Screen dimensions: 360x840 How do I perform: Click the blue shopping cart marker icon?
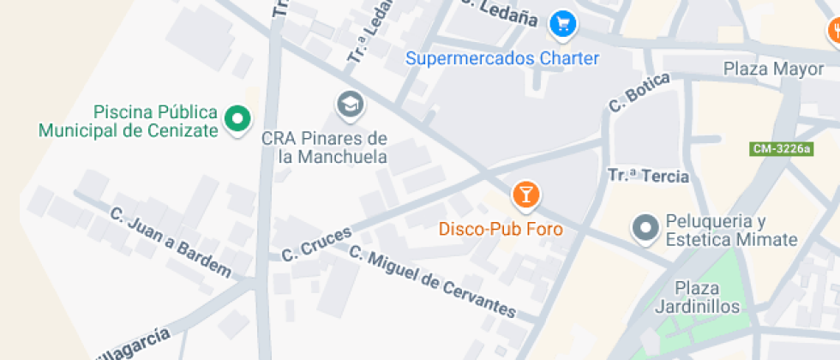(x=562, y=24)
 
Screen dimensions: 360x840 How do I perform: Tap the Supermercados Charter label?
(x=502, y=59)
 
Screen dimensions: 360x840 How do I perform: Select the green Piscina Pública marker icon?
(x=237, y=119)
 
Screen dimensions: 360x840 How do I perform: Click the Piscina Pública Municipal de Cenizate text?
(x=129, y=121)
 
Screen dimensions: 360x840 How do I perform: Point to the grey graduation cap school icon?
(x=349, y=105)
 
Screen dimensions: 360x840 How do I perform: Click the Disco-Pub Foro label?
(x=501, y=229)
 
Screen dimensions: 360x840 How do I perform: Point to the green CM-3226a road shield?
(x=781, y=149)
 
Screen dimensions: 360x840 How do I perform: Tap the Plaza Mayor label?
(x=773, y=69)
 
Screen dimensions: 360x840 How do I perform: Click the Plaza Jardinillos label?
(x=697, y=297)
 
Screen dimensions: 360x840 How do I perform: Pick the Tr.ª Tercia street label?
(x=648, y=177)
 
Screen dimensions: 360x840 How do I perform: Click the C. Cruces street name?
(x=317, y=245)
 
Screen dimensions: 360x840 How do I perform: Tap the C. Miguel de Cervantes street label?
(x=433, y=282)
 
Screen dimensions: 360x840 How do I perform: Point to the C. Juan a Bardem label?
(x=171, y=242)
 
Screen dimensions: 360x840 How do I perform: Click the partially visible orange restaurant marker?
(x=834, y=32)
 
